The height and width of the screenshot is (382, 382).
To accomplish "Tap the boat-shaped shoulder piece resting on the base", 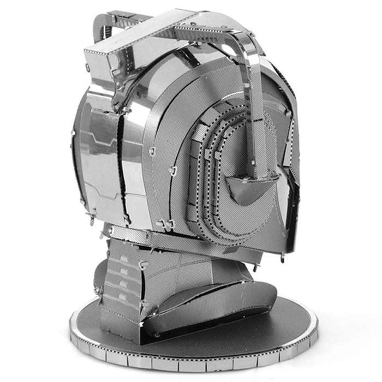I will click(x=218, y=306).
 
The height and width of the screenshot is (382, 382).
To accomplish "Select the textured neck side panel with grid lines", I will click(x=175, y=267).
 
